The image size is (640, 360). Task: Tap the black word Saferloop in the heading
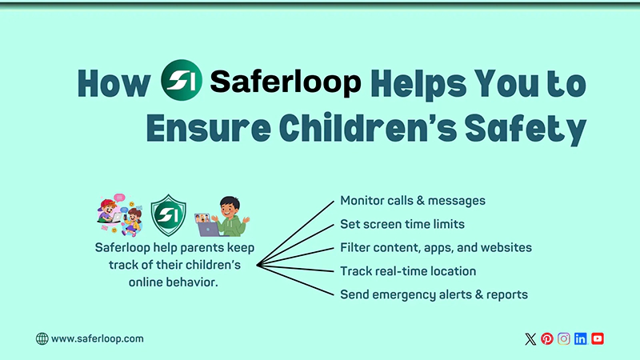pos(285,82)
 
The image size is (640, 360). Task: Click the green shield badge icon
pos(169,214)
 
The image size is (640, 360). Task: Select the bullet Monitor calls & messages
pos(413,200)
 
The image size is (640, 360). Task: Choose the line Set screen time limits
pos(402,224)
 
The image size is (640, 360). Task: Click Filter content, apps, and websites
pos(436,247)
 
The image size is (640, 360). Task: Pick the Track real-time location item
pos(408,271)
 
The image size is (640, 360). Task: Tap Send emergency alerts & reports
pos(434,294)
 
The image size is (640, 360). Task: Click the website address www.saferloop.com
pos(98,338)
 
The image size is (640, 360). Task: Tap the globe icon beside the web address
pos(42,338)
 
